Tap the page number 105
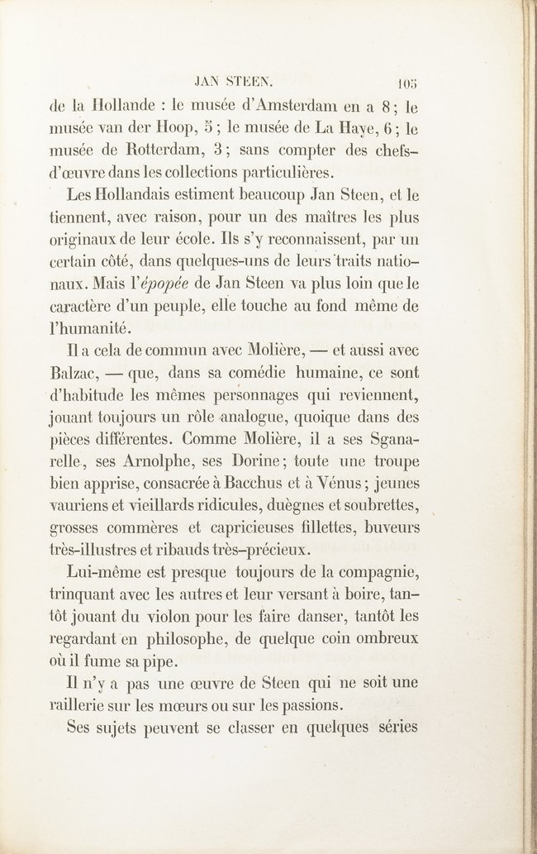point(408,83)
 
